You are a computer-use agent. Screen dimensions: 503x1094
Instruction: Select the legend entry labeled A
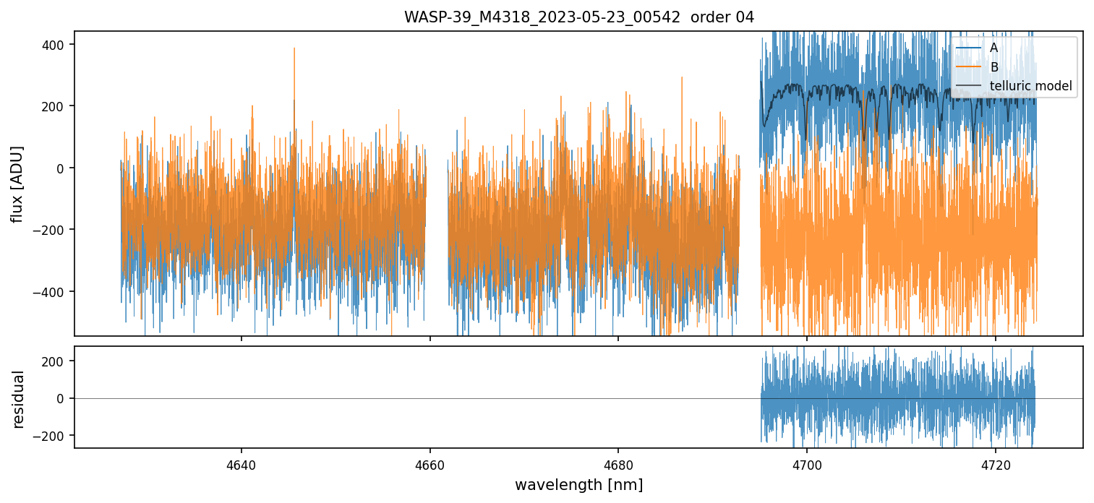[x=993, y=48]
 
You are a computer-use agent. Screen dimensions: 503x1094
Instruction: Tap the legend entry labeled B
[x=993, y=67]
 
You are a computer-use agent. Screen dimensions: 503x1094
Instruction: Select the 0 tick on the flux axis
[x=61, y=168]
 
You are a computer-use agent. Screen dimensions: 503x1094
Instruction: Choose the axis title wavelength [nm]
[x=578, y=484]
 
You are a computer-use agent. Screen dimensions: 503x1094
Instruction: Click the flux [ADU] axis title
[x=17, y=184]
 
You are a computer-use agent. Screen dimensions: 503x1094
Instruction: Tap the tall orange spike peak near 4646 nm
[x=294, y=48]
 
